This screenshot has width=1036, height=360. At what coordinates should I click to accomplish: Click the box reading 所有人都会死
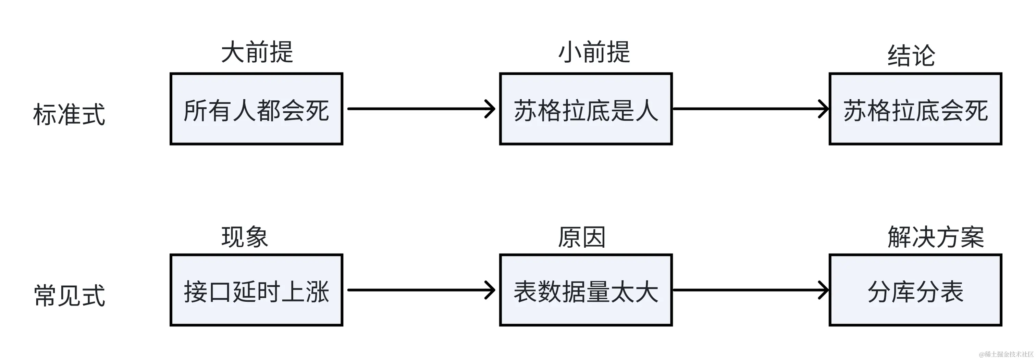click(x=256, y=109)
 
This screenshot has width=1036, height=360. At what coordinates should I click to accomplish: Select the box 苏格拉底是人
click(x=585, y=109)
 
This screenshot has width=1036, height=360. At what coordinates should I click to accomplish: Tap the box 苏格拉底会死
click(x=915, y=109)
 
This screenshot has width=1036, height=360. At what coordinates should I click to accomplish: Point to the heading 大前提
click(x=257, y=52)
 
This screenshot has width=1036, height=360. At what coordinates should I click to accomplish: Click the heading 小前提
click(x=594, y=52)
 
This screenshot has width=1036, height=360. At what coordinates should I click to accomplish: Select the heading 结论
click(x=911, y=55)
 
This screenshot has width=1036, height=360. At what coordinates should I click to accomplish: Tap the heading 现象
click(x=245, y=237)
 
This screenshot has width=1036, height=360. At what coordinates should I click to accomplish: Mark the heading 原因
click(x=581, y=237)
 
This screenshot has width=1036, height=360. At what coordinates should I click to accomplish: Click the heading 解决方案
click(x=936, y=237)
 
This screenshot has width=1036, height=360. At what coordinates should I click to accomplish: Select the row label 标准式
click(x=69, y=115)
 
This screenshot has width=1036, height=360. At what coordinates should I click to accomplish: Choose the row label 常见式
click(x=69, y=296)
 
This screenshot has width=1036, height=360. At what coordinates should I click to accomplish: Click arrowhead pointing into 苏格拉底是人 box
click(x=491, y=109)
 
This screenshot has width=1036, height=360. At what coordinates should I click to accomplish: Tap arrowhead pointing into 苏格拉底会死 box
click(x=824, y=109)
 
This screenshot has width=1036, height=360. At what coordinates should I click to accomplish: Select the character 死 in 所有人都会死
click(x=317, y=111)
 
